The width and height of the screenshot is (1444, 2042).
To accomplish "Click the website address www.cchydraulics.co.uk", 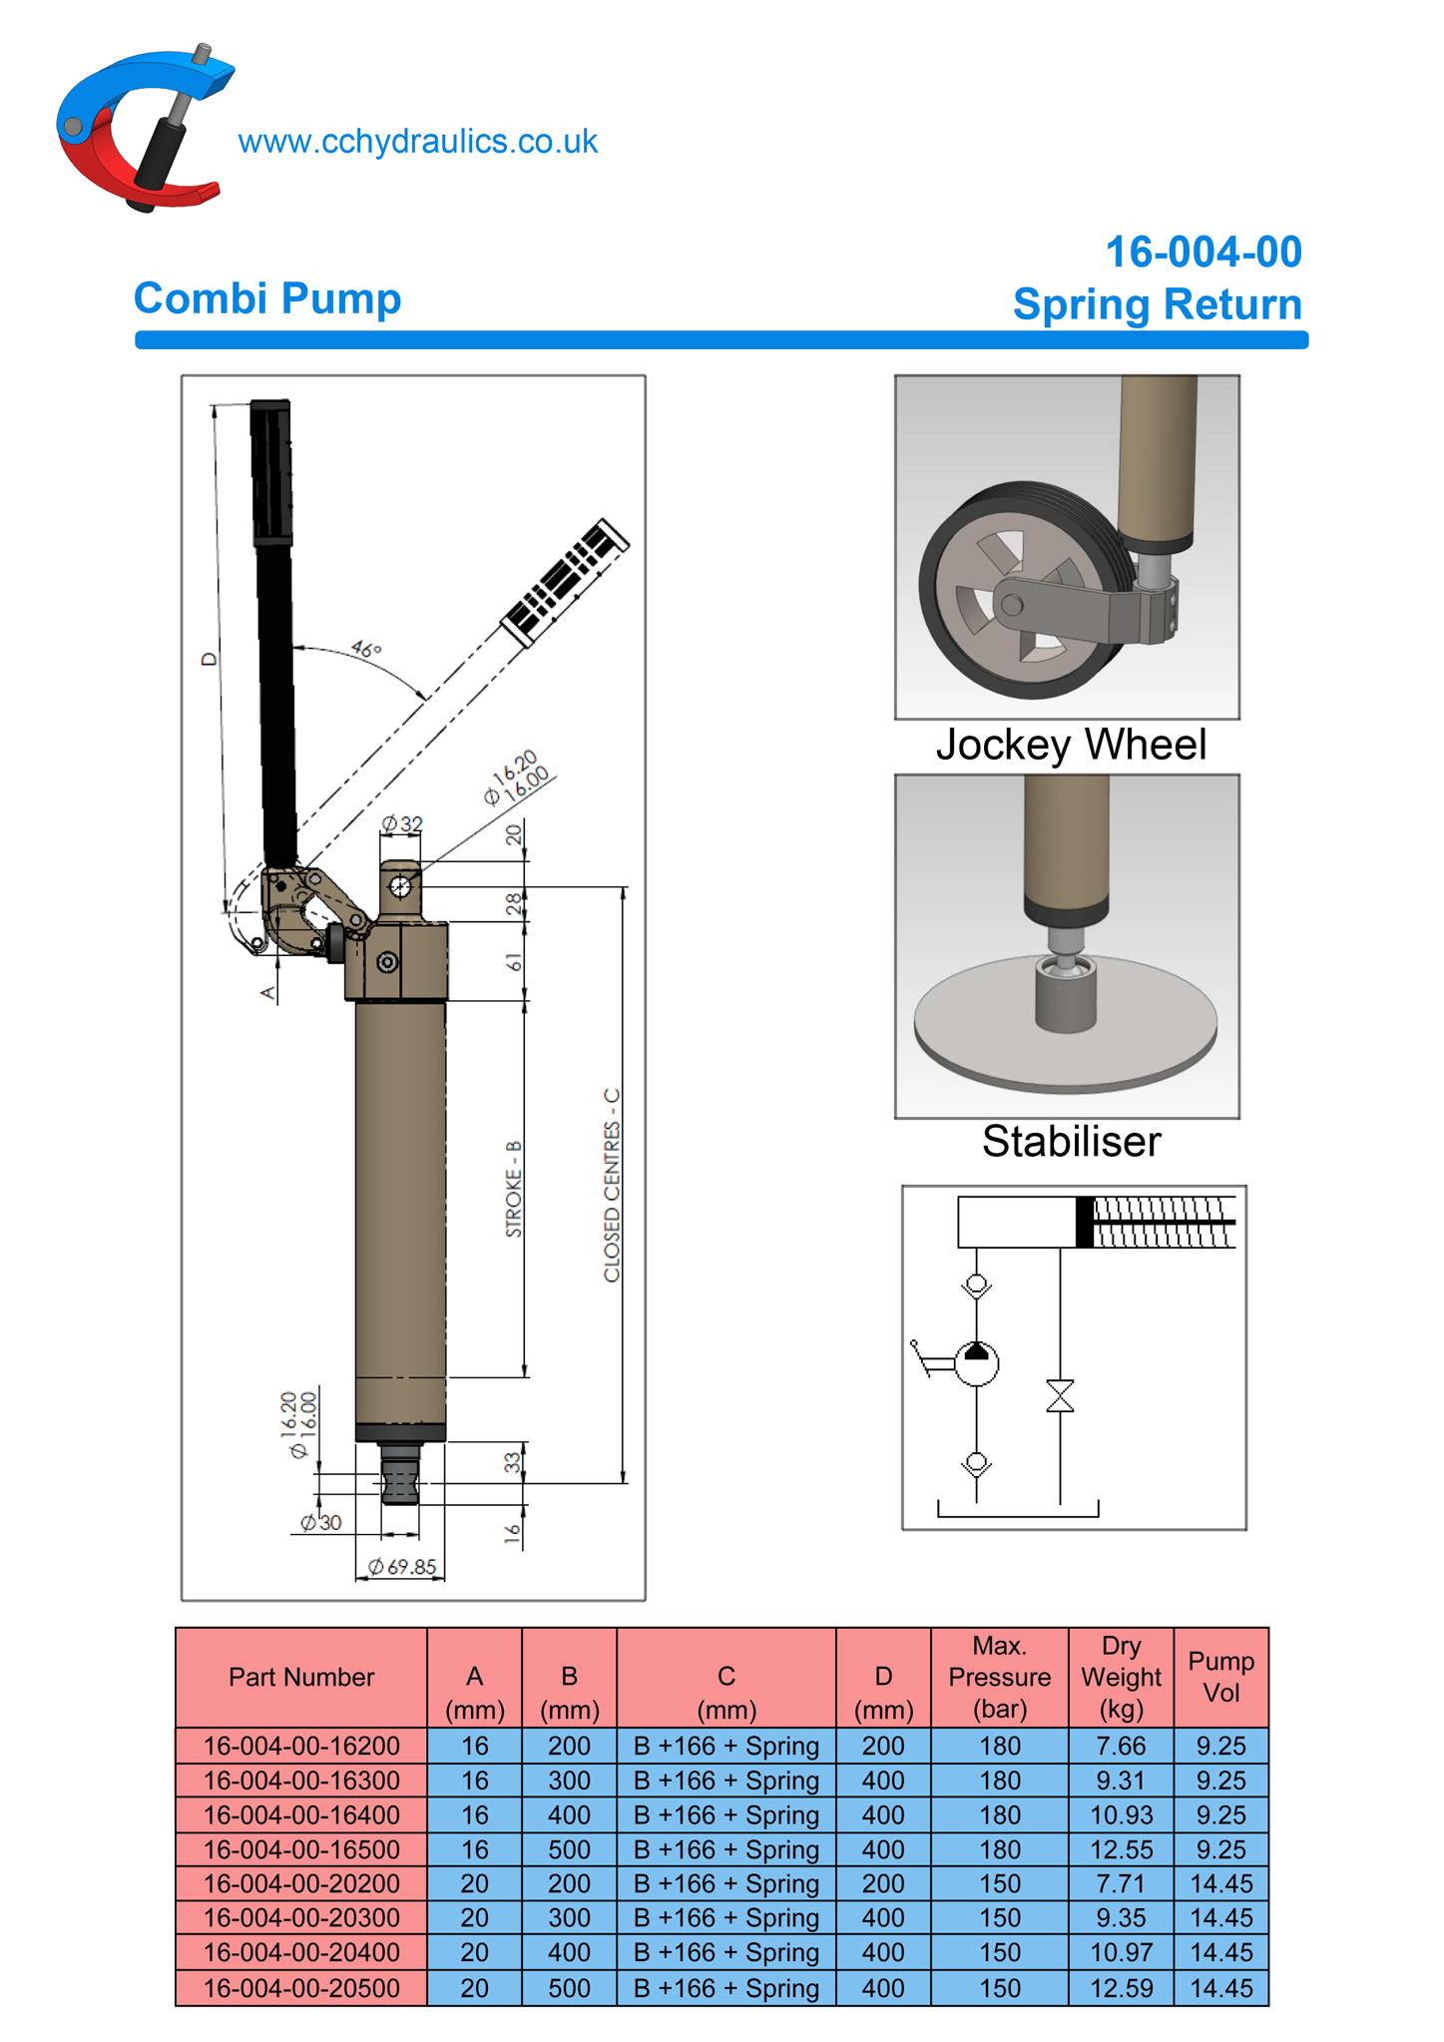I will click(417, 142).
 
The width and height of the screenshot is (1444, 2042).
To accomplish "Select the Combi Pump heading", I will click(267, 298).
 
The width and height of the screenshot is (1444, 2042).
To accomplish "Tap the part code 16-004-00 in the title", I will click(1203, 252).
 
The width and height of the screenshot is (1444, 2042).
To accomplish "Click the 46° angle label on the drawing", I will click(366, 650).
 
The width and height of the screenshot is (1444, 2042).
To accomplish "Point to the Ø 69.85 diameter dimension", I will click(401, 1567).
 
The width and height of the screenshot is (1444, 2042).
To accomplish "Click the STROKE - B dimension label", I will click(514, 1189).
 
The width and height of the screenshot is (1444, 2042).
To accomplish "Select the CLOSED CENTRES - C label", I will click(612, 1185).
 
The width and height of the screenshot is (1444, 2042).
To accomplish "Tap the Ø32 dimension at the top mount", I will click(402, 824).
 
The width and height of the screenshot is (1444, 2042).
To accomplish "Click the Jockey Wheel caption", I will click(1071, 745).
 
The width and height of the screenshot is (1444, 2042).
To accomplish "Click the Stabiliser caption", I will click(1071, 1142).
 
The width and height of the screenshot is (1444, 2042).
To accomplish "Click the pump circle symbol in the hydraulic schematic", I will click(976, 1363).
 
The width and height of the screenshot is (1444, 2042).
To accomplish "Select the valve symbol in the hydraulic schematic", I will click(1060, 1396).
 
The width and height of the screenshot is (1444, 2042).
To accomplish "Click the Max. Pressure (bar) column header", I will click(999, 1677).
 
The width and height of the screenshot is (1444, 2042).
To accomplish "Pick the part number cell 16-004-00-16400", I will click(301, 1814).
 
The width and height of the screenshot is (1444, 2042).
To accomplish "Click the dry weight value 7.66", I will click(1121, 1746).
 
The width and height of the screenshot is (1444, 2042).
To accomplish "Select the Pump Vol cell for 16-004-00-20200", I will click(1220, 1883).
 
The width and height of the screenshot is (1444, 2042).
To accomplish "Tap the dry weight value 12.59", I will click(1121, 1987).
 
